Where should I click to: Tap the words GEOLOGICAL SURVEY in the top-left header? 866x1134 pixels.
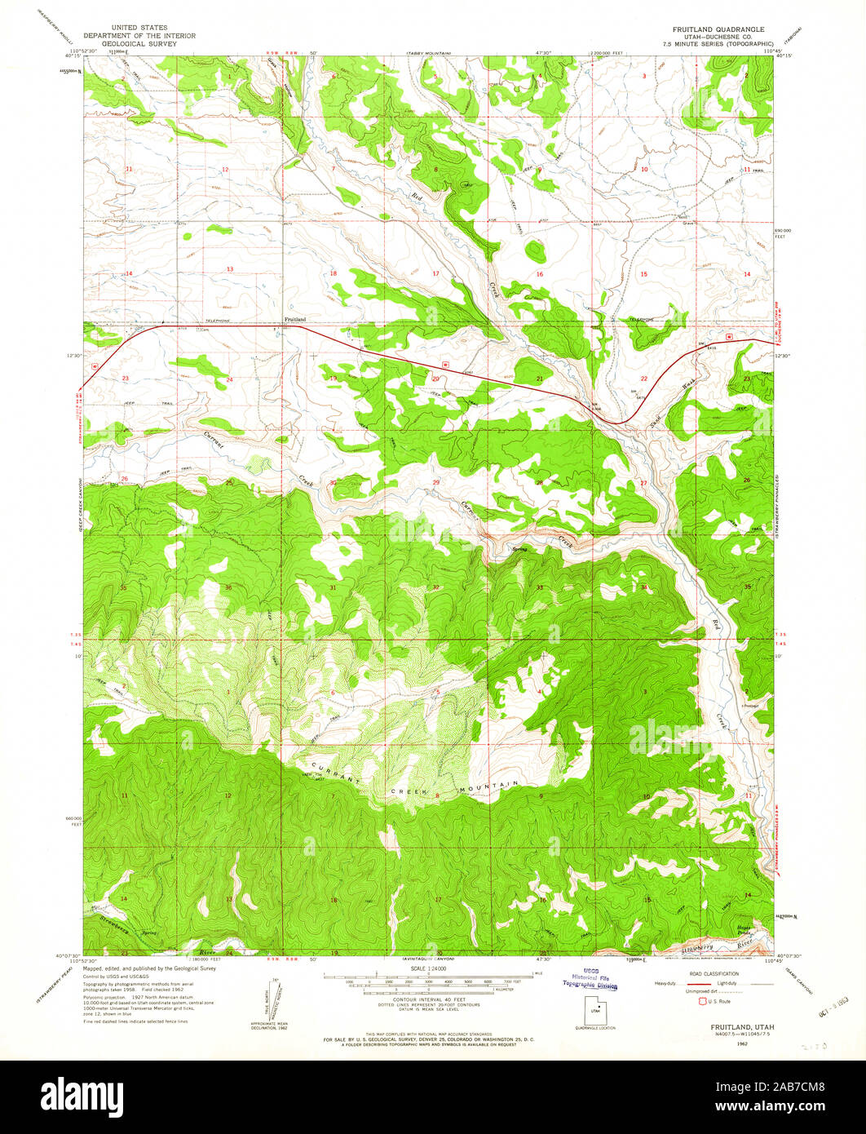[x=130, y=43]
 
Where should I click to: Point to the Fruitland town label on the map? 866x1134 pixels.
[x=294, y=319]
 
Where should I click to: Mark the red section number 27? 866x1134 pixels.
[x=643, y=483]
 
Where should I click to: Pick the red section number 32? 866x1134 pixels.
[x=436, y=587]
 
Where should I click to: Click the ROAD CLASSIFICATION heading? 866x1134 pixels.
[x=714, y=973]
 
